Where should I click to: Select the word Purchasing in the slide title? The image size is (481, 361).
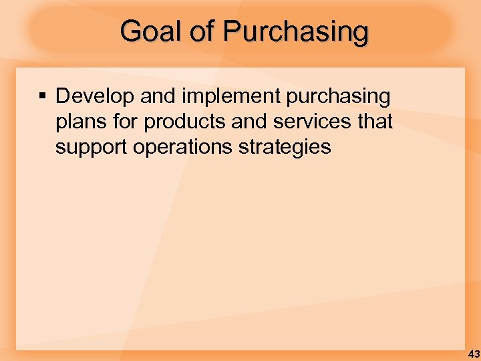click(x=295, y=31)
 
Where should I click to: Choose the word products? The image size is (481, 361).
click(x=180, y=122)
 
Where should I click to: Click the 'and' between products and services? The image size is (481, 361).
click(x=240, y=122)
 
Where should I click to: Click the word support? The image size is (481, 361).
click(x=92, y=147)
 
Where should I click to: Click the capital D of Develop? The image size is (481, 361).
click(x=62, y=96)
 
